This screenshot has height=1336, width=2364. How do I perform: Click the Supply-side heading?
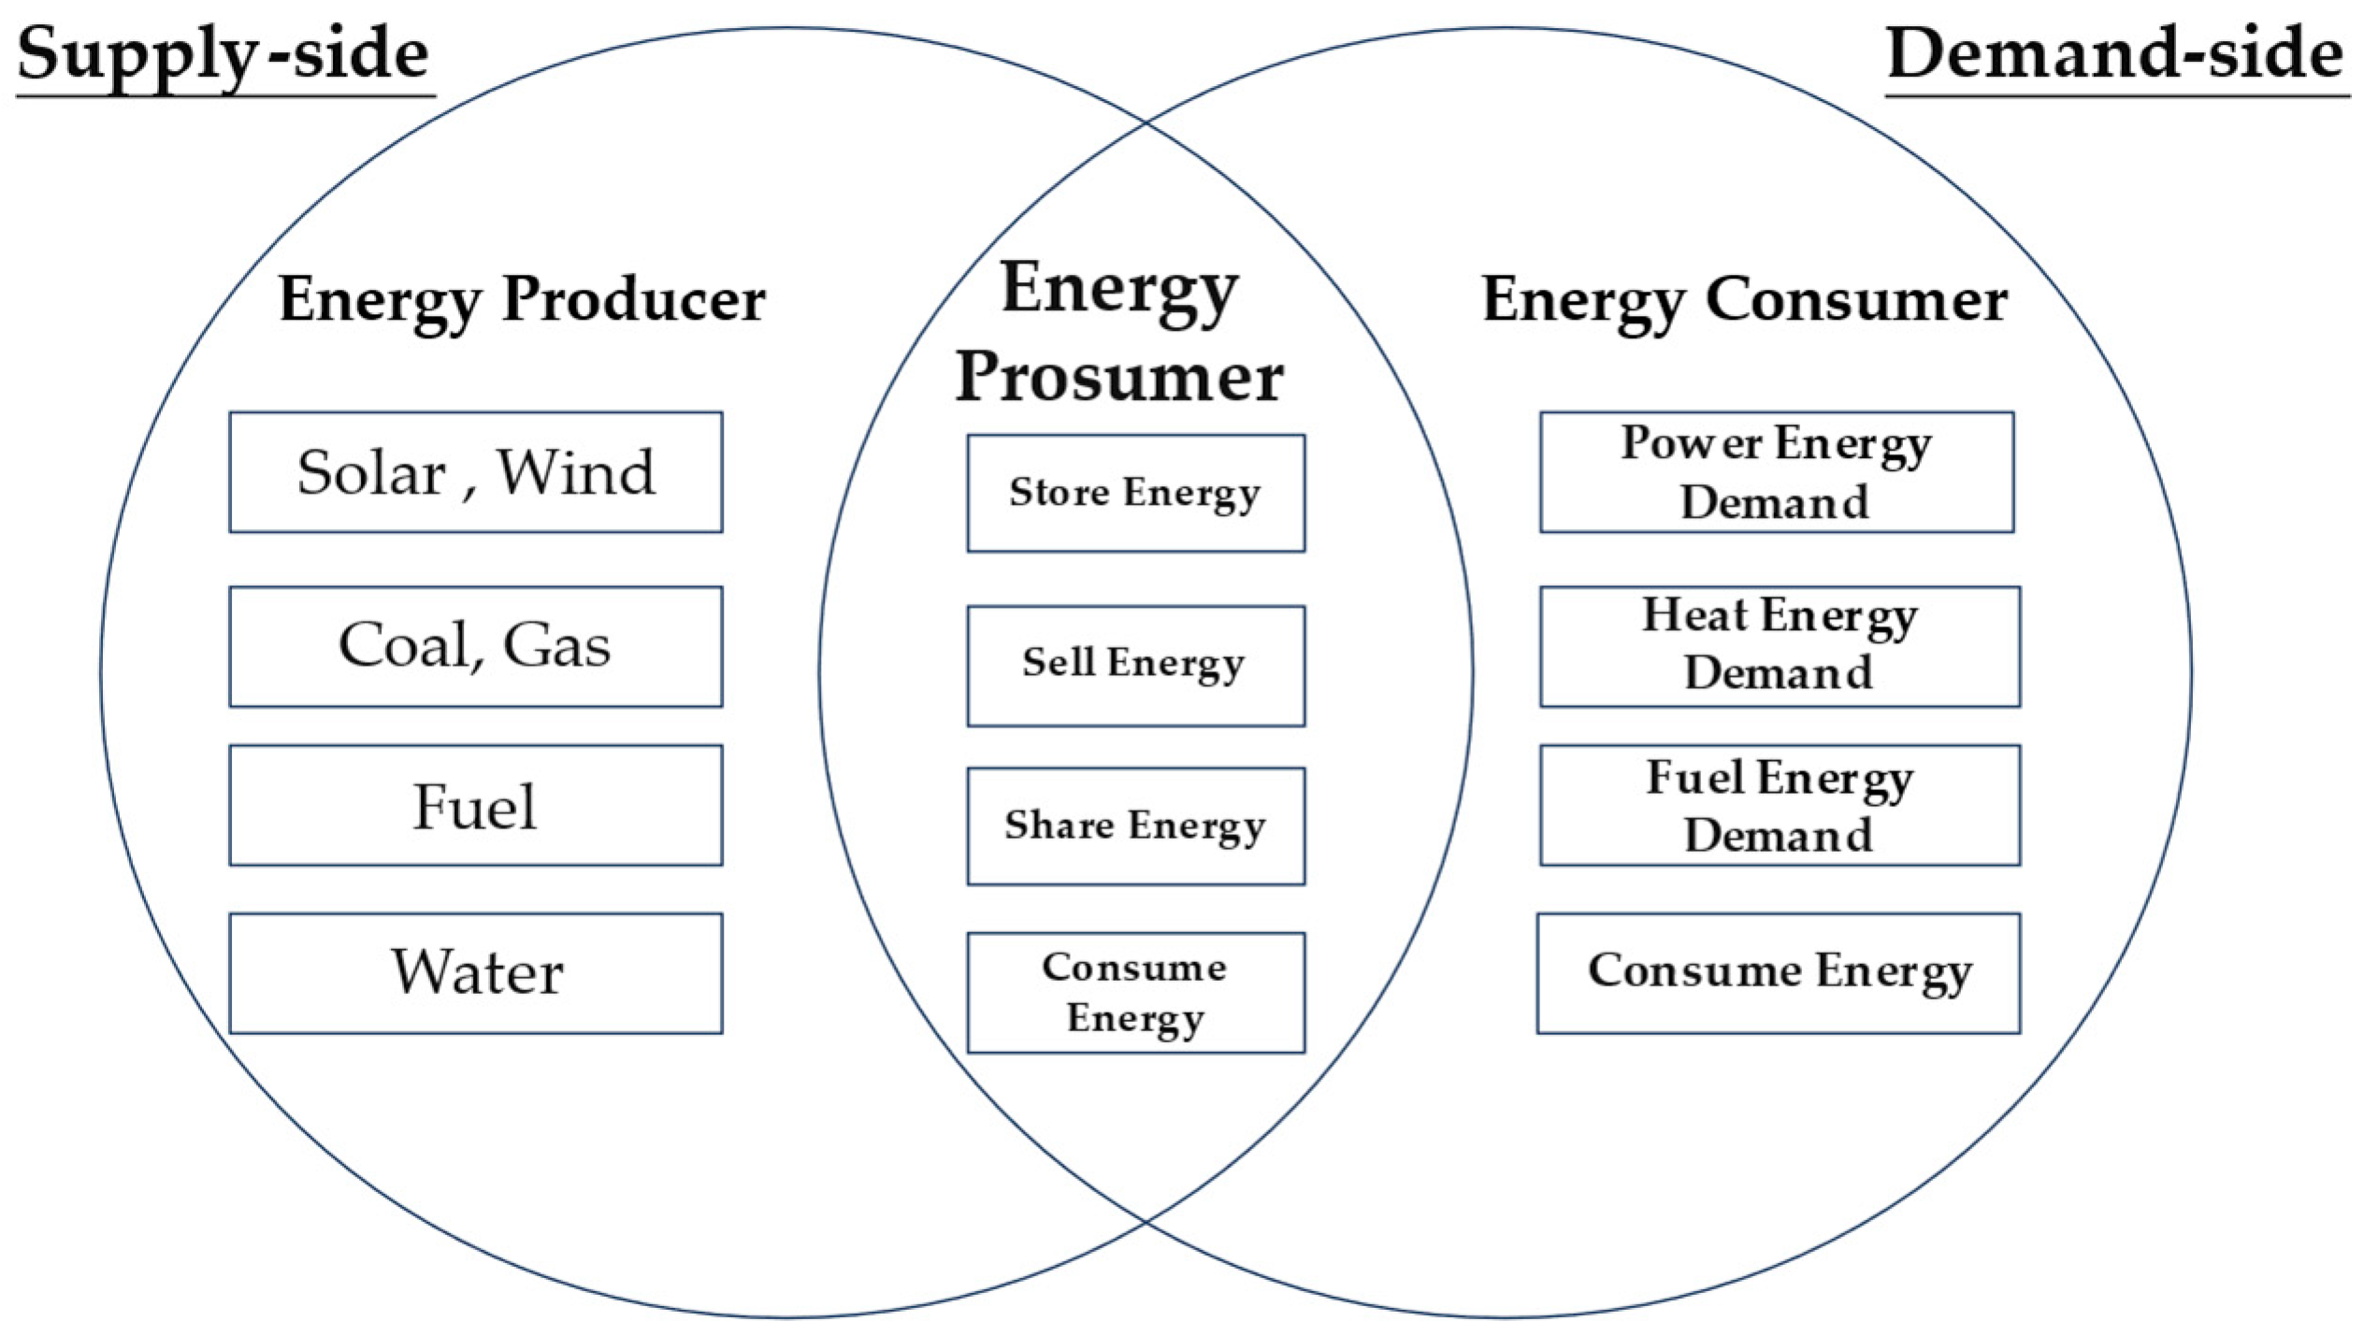tap(224, 54)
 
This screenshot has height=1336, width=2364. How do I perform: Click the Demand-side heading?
tap(2115, 54)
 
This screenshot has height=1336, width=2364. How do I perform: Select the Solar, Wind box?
tap(475, 472)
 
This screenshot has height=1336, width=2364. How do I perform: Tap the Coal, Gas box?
tap(475, 646)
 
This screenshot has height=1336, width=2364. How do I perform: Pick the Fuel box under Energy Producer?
tap(475, 805)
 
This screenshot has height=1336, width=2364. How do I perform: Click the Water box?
tap(475, 973)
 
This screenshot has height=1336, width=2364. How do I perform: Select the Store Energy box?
tap(1135, 493)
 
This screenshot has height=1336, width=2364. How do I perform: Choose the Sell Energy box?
tap(1135, 666)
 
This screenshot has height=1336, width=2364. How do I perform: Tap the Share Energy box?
tap(1135, 826)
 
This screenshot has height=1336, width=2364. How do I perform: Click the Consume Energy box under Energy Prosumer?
tap(1135, 993)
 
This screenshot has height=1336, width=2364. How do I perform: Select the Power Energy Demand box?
tap(1776, 472)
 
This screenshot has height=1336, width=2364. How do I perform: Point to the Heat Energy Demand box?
tap(1780, 646)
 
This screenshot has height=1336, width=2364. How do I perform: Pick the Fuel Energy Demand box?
tap(1780, 805)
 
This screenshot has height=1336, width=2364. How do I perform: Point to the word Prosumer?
tap(1119, 378)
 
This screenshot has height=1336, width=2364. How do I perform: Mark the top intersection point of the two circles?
tap(1146, 122)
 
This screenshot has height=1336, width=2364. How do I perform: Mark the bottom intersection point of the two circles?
tap(1146, 1222)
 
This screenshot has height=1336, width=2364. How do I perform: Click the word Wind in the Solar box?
tap(575, 472)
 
